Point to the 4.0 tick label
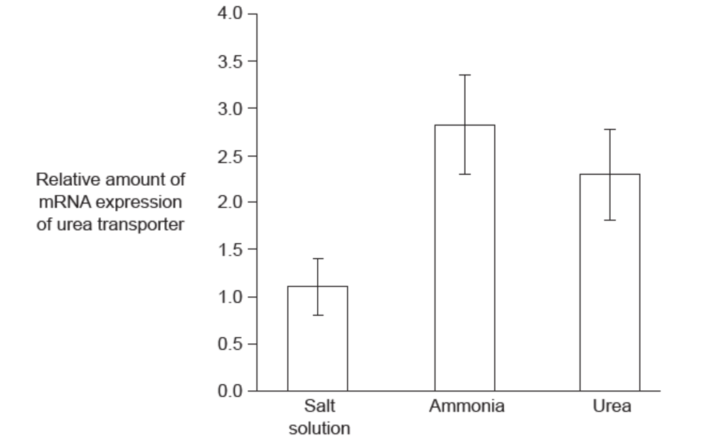tap(229, 14)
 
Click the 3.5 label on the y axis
tap(229, 61)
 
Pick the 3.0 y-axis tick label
tap(229, 108)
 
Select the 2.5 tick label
tap(229, 155)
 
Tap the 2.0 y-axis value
tap(229, 202)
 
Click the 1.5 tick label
tap(229, 250)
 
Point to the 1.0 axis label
tap(229, 297)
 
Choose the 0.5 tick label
tap(229, 344)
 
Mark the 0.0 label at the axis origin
tap(229, 391)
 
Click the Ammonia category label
tap(466, 407)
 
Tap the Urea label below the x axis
tap(610, 407)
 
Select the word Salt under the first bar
tap(319, 407)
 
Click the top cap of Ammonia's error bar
tap(464, 75)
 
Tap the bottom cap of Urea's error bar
tap(609, 220)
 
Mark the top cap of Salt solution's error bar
tap(317, 258)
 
